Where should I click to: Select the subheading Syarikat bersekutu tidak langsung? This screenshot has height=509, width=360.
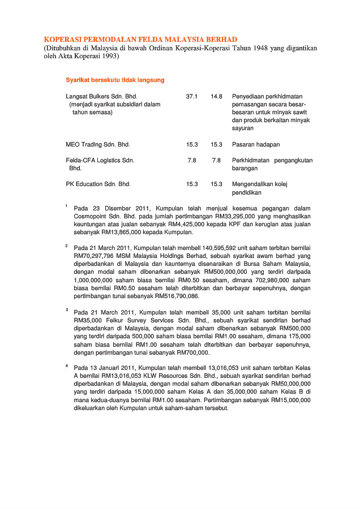[x=115, y=80]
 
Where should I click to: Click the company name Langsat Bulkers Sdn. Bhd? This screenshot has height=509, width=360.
[x=101, y=97]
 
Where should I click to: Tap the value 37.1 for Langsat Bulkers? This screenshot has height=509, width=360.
[x=192, y=97]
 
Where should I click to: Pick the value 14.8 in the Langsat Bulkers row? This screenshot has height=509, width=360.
[x=216, y=97]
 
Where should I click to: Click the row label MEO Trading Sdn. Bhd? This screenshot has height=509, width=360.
[x=98, y=145]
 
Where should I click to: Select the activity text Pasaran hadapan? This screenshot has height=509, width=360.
[x=256, y=145]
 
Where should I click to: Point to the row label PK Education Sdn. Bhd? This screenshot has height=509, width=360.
[x=98, y=184]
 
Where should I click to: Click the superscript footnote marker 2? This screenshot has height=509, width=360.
[x=66, y=245]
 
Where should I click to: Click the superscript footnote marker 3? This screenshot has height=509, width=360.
[x=66, y=310]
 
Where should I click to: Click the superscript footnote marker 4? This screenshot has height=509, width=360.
[x=66, y=365]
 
